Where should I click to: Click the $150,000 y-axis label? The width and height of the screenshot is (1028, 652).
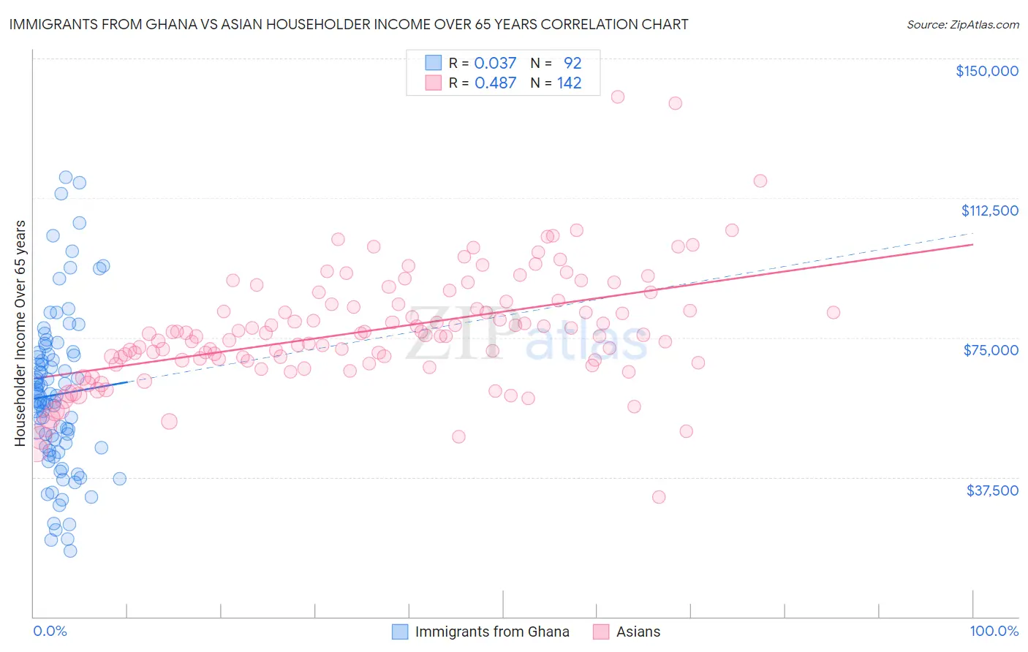pos(986,71)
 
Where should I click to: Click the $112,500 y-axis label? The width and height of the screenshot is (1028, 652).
pos(989,211)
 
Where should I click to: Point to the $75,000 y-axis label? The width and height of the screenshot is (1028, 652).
pos(991,350)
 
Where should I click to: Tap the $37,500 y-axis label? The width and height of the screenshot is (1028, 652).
pos(992,490)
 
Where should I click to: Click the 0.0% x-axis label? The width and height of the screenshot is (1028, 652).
pos(50,631)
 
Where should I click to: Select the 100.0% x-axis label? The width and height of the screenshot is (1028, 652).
pos(994,631)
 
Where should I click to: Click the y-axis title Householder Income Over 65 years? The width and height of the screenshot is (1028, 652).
pos(20,333)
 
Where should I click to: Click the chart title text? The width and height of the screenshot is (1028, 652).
pos(349,24)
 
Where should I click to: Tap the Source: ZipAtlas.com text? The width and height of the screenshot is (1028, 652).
pos(962,25)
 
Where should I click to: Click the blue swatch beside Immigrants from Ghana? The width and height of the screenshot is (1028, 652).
pos(399,632)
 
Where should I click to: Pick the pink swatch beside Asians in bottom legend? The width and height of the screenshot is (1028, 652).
pos(601,632)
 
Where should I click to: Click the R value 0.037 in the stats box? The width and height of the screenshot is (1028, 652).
pos(495,63)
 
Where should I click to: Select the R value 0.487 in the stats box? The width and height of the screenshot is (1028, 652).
pos(495,83)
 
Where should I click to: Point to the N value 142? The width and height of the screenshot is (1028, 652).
pos(569,83)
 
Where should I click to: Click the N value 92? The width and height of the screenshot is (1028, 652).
pos(572,63)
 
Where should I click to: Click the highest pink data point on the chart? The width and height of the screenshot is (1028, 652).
pos(617,96)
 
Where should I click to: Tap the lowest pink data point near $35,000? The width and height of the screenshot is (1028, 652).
pos(659,497)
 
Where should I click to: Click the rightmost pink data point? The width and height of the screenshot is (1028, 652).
pos(833,312)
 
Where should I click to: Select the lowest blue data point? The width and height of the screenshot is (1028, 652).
pos(70,550)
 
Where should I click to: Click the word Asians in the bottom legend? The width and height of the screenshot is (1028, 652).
pos(638,632)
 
